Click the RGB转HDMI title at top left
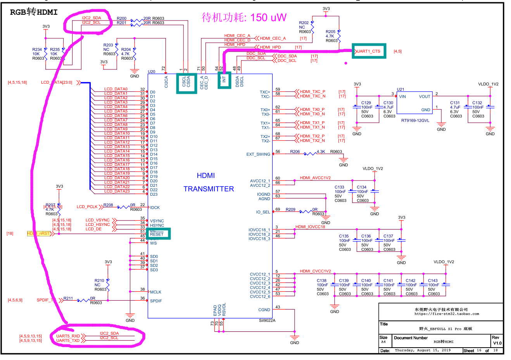pyautogui.click(x=34, y=12)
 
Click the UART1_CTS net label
pyautogui.click(x=369, y=51)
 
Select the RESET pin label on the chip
pyautogui.click(x=157, y=234)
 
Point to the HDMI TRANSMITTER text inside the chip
pyautogui.click(x=208, y=182)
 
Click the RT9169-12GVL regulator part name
pyautogui.click(x=415, y=121)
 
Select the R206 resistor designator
pyautogui.click(x=295, y=152)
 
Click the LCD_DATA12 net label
pyautogui.click(x=117, y=142)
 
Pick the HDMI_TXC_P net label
pyautogui.click(x=312, y=92)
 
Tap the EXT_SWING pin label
pyautogui.click(x=258, y=154)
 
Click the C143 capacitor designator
pyautogui.click(x=433, y=281)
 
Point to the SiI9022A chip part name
pyautogui.click(x=267, y=320)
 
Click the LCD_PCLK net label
pyautogui.click(x=87, y=207)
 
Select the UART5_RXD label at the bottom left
pyautogui.click(x=68, y=336)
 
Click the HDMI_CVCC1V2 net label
pyautogui.click(x=315, y=271)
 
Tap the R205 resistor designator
pyautogui.click(x=330, y=32)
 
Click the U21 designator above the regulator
pyautogui.click(x=400, y=90)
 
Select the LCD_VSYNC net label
pyautogui.click(x=98, y=220)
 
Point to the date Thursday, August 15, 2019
pyautogui.click(x=423, y=350)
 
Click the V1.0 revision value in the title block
pyautogui.click(x=497, y=343)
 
